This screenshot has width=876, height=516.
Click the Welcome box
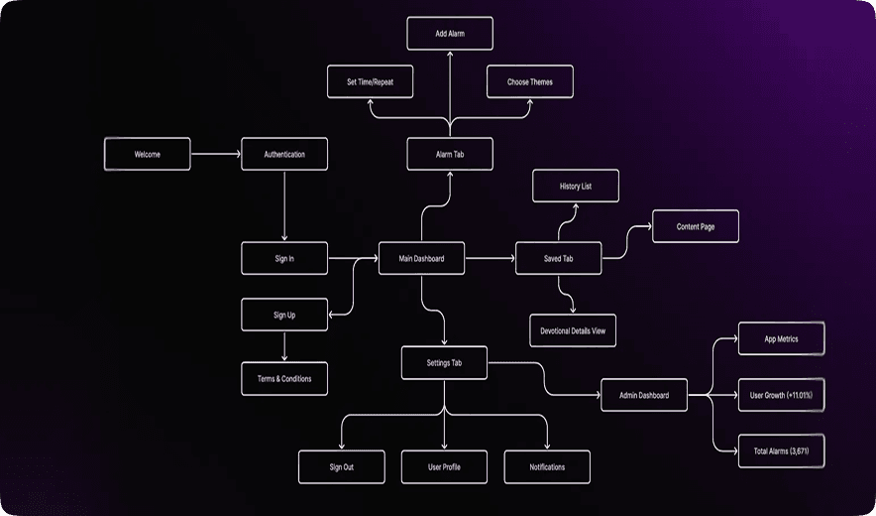147,155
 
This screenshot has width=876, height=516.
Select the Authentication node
284,155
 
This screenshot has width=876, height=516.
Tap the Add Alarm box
449,34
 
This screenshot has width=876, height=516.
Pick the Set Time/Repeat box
370,81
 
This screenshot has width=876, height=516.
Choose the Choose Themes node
530,81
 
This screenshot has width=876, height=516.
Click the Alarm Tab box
449,155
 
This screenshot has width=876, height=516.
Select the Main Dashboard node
421,259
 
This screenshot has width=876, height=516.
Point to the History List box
576,186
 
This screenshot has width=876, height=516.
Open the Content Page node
695,227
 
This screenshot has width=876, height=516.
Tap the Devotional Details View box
573,330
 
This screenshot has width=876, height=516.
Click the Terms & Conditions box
284,378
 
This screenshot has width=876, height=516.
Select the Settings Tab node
444,362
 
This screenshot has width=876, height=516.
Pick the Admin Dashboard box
645,395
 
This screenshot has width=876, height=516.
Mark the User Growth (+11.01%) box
782,395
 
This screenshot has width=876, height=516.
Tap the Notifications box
547,466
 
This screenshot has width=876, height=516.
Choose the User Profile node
444,466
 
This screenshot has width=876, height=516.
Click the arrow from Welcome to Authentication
215,155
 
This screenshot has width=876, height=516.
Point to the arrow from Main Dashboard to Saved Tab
490,259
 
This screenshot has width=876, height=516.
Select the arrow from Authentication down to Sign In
284,205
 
